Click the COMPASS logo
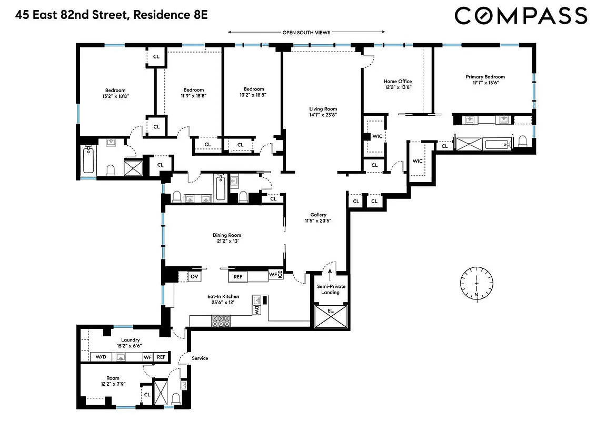tap(521, 15)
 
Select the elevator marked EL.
tap(330, 318)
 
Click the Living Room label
tap(323, 109)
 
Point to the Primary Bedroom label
tap(485, 77)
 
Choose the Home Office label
tap(398, 82)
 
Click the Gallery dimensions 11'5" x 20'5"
tap(318, 222)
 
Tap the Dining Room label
tap(227, 235)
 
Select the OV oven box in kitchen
tap(194, 276)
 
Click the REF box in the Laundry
tap(161, 357)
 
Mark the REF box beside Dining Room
tap(238, 276)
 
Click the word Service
tap(200, 358)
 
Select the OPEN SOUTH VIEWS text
tap(306, 33)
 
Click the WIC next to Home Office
tap(377, 136)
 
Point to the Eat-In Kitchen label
tap(223, 297)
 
